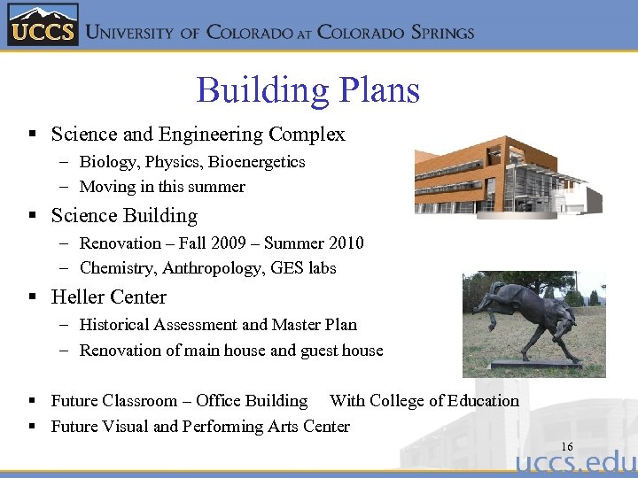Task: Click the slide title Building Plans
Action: point(307,90)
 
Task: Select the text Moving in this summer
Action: point(162,187)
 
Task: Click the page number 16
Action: point(566,446)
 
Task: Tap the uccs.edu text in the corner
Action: point(575,464)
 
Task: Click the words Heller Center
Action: point(109,297)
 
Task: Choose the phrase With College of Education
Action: point(424,401)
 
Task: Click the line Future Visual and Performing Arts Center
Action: point(200,427)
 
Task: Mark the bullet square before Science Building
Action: point(32,216)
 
